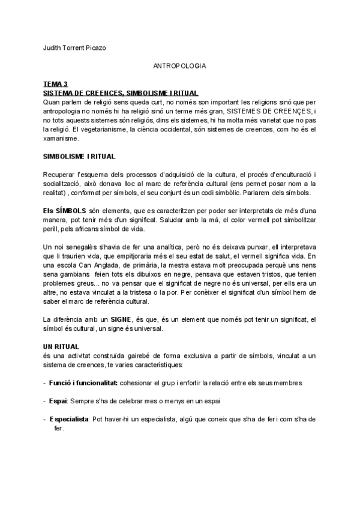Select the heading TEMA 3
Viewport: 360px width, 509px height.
tap(56, 85)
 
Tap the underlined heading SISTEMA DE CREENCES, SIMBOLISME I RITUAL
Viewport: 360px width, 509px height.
tap(121, 93)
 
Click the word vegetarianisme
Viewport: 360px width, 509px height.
tap(107, 129)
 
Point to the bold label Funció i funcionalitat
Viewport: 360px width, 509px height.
tap(83, 382)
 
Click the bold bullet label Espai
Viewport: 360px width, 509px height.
tap(59, 400)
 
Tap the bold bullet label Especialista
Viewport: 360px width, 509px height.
tap(69, 418)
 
